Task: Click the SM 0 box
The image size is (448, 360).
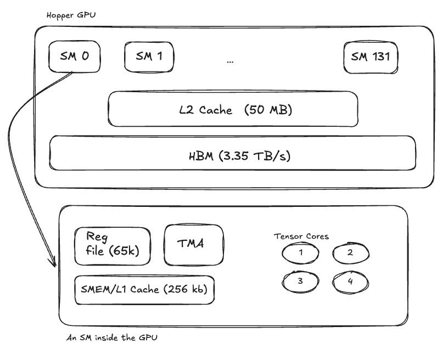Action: click(74, 57)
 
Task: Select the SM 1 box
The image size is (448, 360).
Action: click(149, 57)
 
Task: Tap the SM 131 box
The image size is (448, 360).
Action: click(371, 58)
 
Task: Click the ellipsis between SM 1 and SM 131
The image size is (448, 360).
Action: click(230, 61)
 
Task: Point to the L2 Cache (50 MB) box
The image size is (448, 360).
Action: click(233, 109)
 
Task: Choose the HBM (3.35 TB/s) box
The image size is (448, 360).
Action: click(233, 153)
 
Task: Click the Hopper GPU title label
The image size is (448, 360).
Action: click(71, 15)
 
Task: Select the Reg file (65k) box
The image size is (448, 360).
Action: click(113, 246)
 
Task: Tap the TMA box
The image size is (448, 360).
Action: click(194, 245)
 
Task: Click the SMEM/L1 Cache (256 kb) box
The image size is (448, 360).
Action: click(144, 290)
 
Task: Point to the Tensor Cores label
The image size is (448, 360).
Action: click(301, 237)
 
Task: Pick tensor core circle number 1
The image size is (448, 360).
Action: click(300, 253)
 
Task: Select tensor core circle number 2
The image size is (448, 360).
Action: click(351, 253)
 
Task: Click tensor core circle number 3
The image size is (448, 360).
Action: click(300, 282)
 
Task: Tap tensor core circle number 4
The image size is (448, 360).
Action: click(351, 282)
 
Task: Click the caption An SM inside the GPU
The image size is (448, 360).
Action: click(111, 337)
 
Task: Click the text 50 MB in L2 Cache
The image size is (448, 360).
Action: click(268, 110)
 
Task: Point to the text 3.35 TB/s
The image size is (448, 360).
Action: click(254, 156)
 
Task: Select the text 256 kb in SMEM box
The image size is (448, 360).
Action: click(186, 289)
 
